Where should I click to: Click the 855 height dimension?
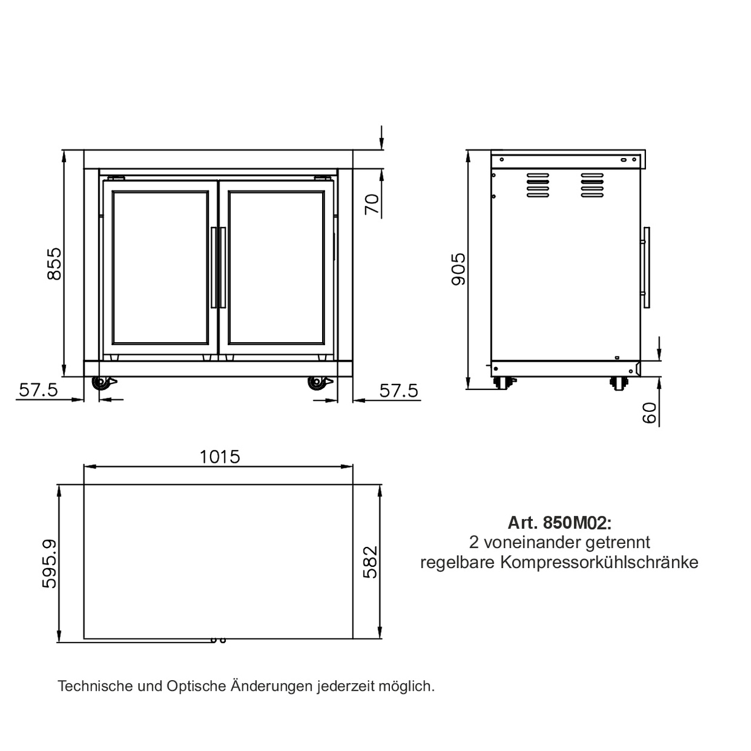pyautogui.click(x=54, y=264)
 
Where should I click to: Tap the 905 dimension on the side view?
pyautogui.click(x=458, y=269)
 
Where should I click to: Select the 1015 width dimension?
pyautogui.click(x=220, y=457)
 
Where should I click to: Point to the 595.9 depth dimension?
pyautogui.click(x=50, y=563)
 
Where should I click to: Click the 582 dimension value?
pyautogui.click(x=370, y=562)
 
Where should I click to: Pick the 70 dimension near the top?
pyautogui.click(x=372, y=204)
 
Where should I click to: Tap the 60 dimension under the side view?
pyautogui.click(x=650, y=413)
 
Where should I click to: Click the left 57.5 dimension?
pyautogui.click(x=38, y=390)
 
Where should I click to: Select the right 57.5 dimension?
pyautogui.click(x=399, y=391)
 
